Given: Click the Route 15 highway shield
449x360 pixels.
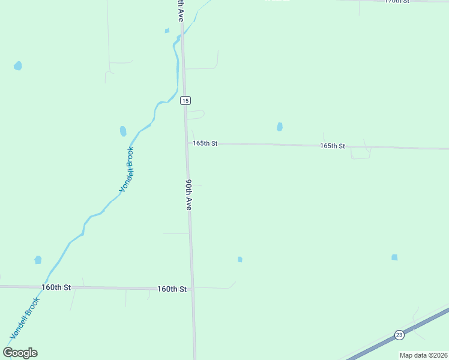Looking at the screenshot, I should coord(185,100).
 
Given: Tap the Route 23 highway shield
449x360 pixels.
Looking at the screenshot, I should coord(399,334).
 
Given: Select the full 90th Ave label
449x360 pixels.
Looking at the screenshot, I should coord(188,194).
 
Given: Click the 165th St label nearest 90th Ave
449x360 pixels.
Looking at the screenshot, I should coord(205,143).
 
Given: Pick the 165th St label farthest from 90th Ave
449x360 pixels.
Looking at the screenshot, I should coord(333,146).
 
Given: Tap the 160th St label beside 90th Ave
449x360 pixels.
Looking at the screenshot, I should coord(172,289).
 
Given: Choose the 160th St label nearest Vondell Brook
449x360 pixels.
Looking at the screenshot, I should coord(56,287).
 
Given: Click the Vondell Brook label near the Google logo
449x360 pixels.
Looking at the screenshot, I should coord(25,318).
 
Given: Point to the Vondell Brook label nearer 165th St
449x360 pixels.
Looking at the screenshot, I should coord(126,169).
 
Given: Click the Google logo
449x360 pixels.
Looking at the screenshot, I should coord(20,353).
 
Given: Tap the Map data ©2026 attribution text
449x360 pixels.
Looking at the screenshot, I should coord(423,355).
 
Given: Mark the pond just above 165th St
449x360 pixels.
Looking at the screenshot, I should coord(280,127).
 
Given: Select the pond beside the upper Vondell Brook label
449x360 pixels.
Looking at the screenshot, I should coord(123,131).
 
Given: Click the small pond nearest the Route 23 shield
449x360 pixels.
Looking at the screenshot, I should coord(394,257).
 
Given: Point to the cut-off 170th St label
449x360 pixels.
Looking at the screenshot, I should coord(397,2).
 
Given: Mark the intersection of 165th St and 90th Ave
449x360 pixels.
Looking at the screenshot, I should coord(186,143).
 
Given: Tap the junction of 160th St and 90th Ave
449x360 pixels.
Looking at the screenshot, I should coord(192,289).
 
